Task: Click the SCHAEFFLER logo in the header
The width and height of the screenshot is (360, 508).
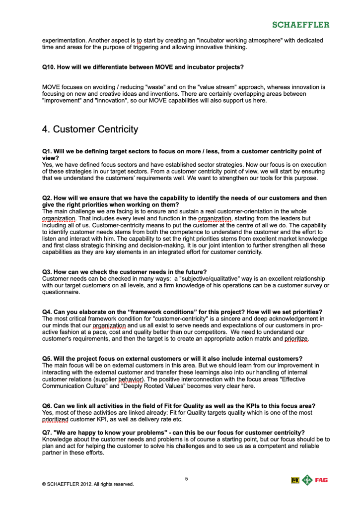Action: pyautogui.click(x=300, y=24)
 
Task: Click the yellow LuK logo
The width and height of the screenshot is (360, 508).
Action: pyautogui.click(x=295, y=480)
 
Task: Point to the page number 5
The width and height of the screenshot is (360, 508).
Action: pyautogui.click(x=186, y=479)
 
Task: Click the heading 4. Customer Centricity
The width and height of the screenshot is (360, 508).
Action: pyautogui.click(x=90, y=129)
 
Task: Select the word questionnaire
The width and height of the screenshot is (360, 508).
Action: pyautogui.click(x=61, y=292)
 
